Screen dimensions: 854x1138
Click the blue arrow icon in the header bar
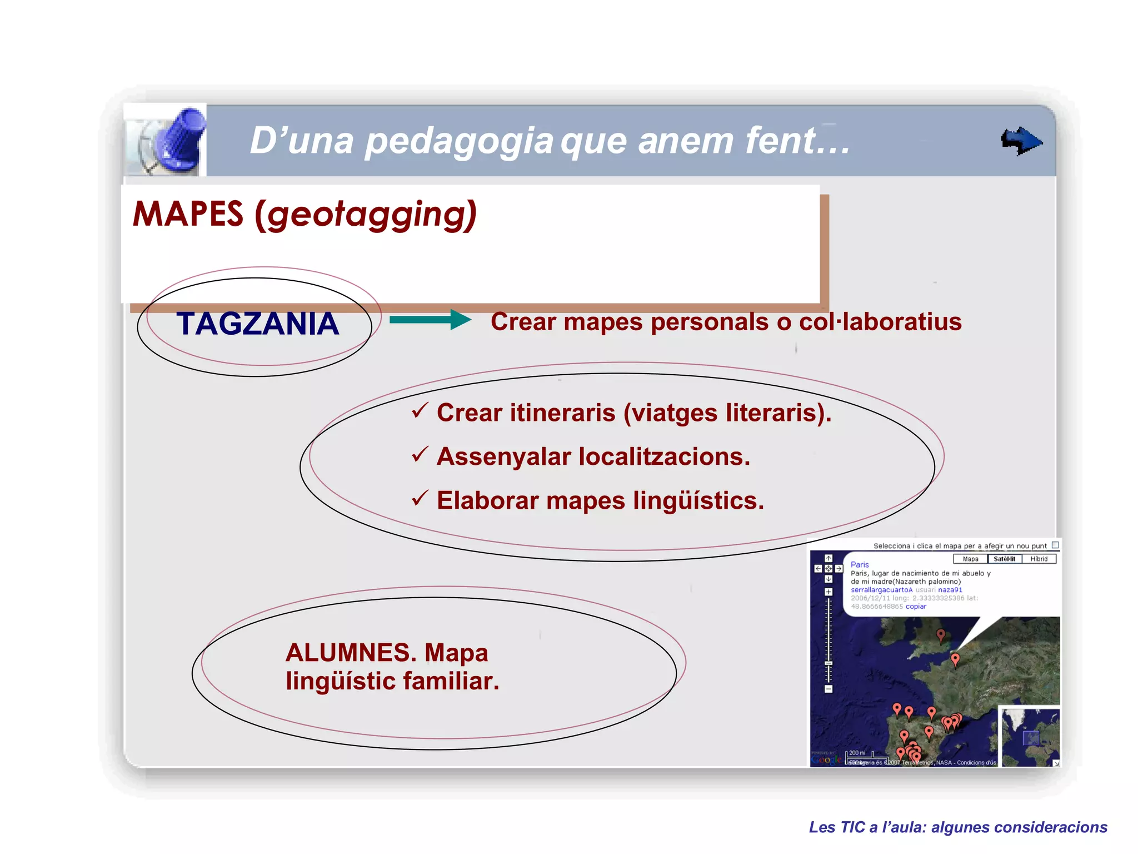1021,141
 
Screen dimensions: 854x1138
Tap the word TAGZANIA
257,324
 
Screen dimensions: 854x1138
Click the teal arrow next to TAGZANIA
430,320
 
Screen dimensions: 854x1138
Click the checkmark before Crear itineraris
420,411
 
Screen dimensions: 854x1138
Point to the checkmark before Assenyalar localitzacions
420,455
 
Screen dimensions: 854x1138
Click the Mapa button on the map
970,559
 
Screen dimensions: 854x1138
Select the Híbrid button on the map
1039,559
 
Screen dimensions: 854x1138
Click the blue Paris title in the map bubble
859,564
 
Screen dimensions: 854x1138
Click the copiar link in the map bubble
916,607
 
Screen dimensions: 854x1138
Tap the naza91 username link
950,590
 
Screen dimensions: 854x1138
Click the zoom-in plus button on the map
828,592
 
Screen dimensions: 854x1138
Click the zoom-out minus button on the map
828,689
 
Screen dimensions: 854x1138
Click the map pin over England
940,634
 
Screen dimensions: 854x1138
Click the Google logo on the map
826,759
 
